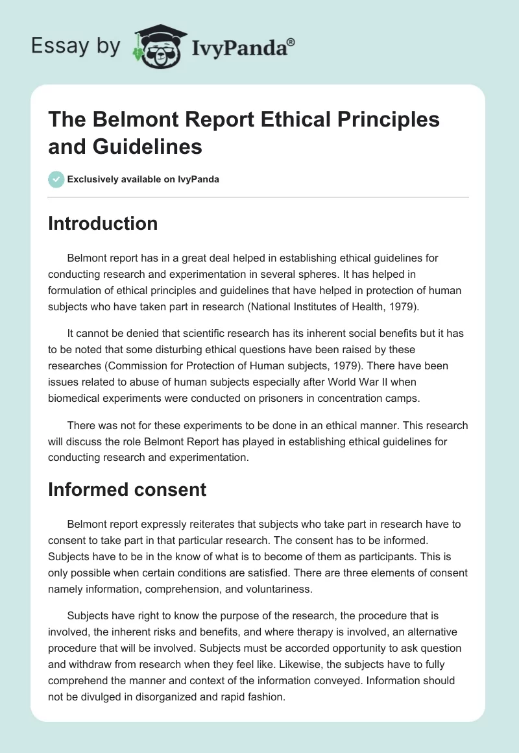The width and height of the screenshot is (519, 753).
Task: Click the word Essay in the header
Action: click(59, 47)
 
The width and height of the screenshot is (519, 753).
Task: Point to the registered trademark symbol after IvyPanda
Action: click(291, 41)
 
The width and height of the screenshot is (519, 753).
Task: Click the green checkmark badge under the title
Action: click(56, 179)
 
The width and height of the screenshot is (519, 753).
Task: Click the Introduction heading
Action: click(103, 223)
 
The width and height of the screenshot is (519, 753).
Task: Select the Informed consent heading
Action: click(127, 489)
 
